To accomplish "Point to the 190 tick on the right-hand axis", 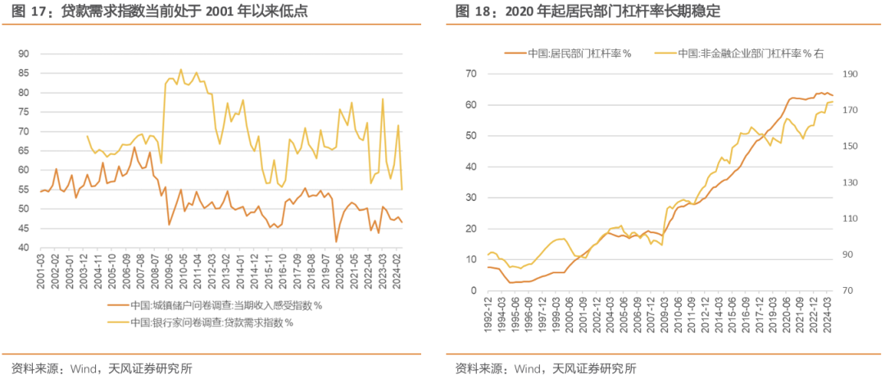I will click(x=851, y=74).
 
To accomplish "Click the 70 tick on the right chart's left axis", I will click(x=470, y=74).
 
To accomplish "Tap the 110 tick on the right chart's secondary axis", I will click(x=851, y=219).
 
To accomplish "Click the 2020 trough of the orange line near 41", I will click(x=336, y=242).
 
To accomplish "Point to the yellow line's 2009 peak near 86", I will click(x=181, y=70).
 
